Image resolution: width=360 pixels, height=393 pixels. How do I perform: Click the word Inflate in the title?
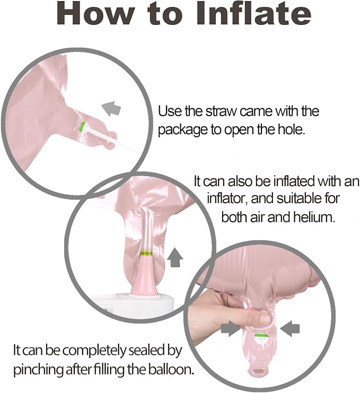(x=253, y=14)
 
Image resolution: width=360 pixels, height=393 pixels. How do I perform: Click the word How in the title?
(x=95, y=14)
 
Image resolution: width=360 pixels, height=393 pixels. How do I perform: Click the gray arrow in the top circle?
(x=111, y=108)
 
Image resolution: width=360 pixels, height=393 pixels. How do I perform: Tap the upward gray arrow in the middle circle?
(x=175, y=257)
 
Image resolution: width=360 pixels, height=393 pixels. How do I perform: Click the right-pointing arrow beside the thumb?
(x=231, y=328)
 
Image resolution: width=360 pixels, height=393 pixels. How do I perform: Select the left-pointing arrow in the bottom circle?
(x=290, y=328)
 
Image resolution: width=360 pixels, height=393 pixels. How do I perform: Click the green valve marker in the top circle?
(x=82, y=125)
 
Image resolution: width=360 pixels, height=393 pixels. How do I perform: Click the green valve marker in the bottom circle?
(x=260, y=335)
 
